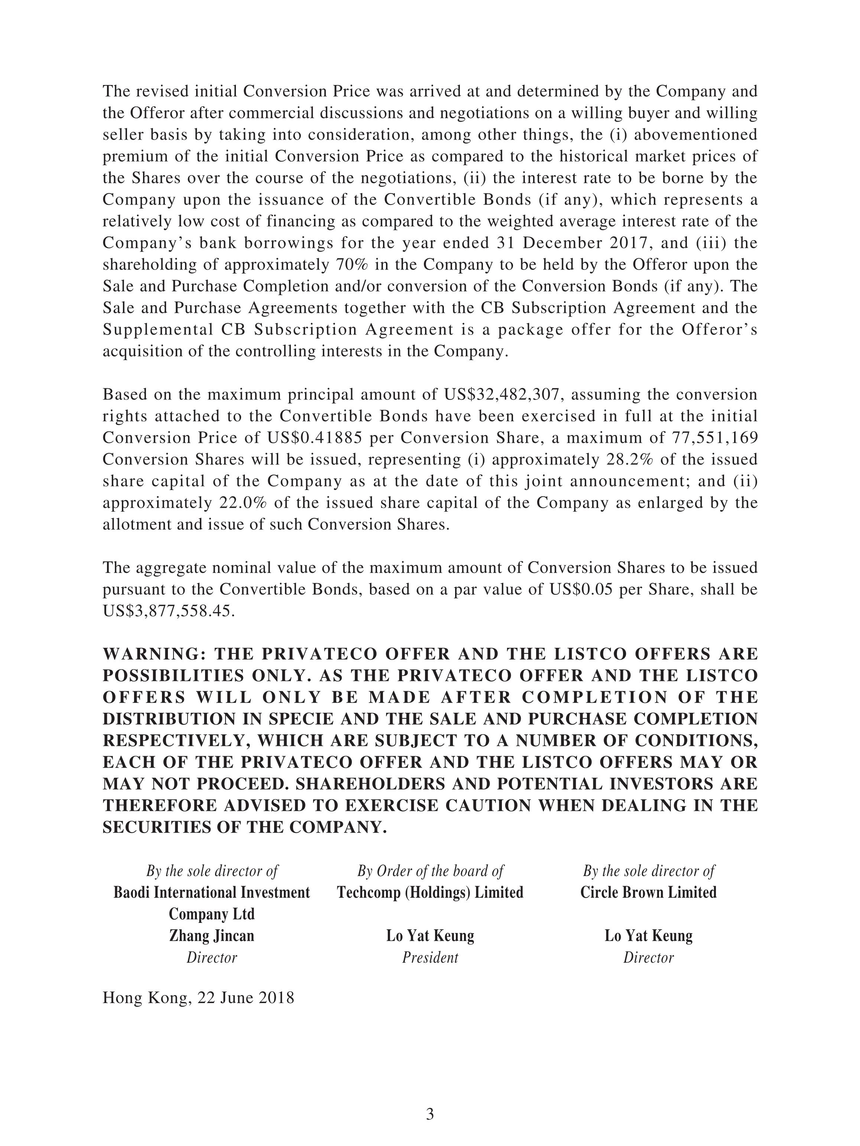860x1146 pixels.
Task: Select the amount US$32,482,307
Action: click(x=502, y=395)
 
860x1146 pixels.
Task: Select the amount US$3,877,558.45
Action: click(x=169, y=611)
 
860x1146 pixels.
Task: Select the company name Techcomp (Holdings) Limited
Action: click(x=430, y=892)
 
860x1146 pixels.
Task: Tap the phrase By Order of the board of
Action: click(x=430, y=871)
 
